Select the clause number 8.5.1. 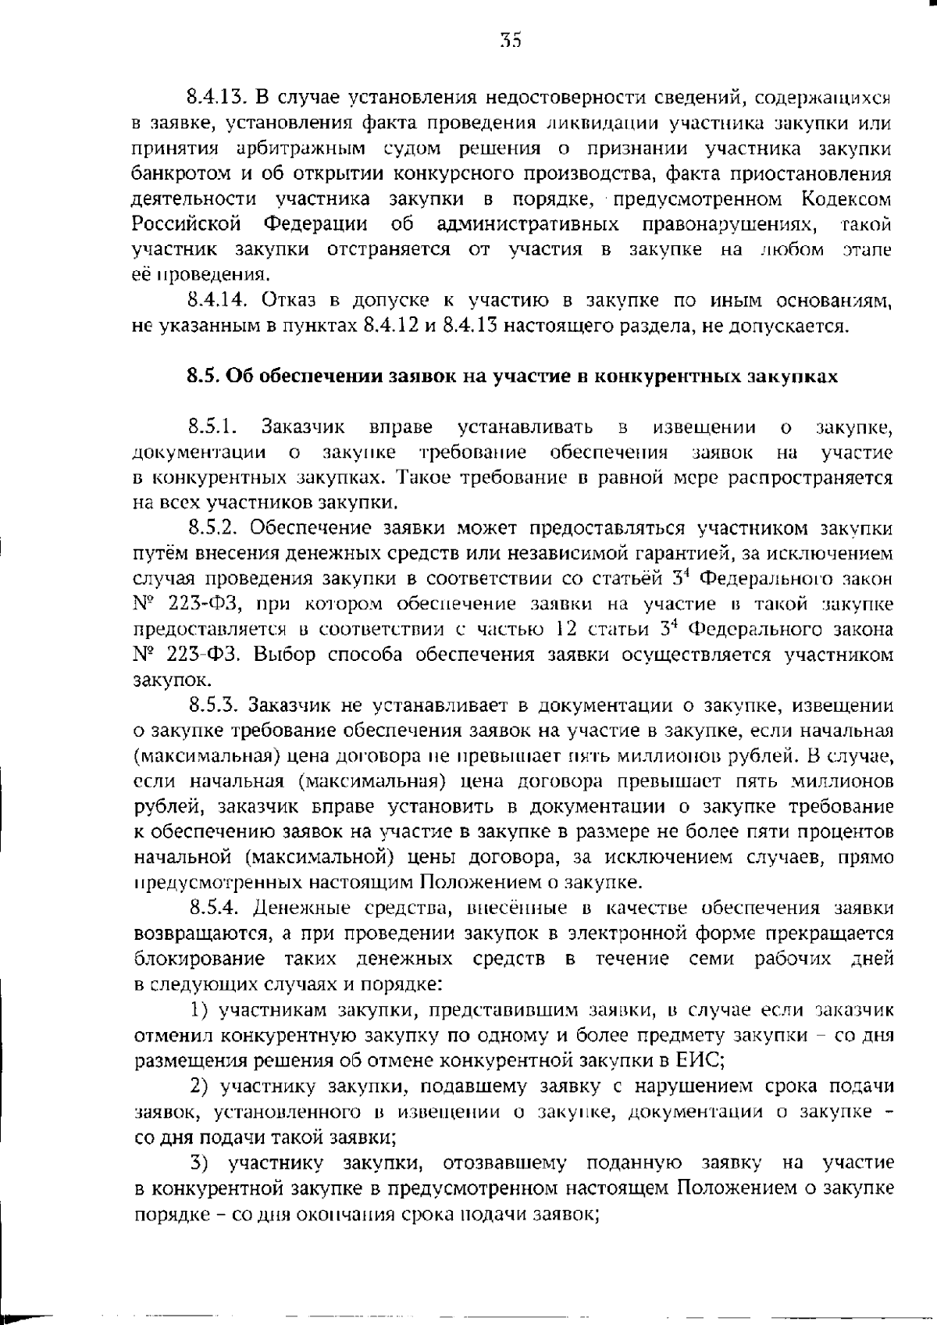211,427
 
